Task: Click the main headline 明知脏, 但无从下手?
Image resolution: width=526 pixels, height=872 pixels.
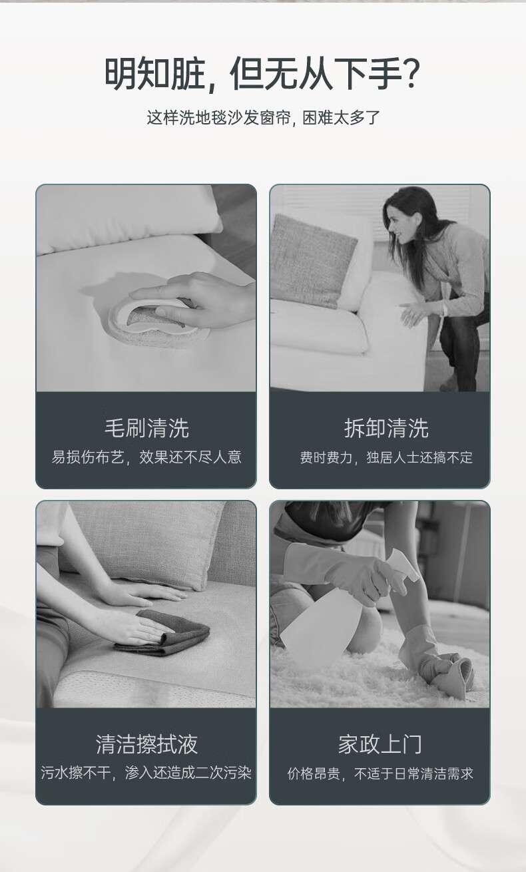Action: [x=263, y=74]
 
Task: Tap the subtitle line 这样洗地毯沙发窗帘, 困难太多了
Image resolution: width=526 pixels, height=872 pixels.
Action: [x=263, y=118]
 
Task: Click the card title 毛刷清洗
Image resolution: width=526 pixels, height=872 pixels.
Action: [x=146, y=428]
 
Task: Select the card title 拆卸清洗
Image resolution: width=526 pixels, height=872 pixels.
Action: [x=386, y=428]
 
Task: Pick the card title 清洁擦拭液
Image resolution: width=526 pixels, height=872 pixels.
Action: [x=146, y=744]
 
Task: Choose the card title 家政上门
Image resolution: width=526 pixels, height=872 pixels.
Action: [x=380, y=744]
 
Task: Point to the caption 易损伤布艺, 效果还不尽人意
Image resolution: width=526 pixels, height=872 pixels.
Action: [x=146, y=457]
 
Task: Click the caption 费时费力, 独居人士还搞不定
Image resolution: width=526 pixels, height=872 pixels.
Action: [x=386, y=457]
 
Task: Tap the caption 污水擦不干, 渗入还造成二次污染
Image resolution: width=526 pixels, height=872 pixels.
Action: [x=146, y=773]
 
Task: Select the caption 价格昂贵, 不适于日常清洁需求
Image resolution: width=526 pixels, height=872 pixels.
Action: [x=380, y=773]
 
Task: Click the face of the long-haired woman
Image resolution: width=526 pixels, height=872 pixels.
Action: [x=396, y=226]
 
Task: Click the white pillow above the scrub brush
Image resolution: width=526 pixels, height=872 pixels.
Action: [x=129, y=220]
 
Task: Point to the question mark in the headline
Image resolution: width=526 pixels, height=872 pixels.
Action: [x=411, y=73]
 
